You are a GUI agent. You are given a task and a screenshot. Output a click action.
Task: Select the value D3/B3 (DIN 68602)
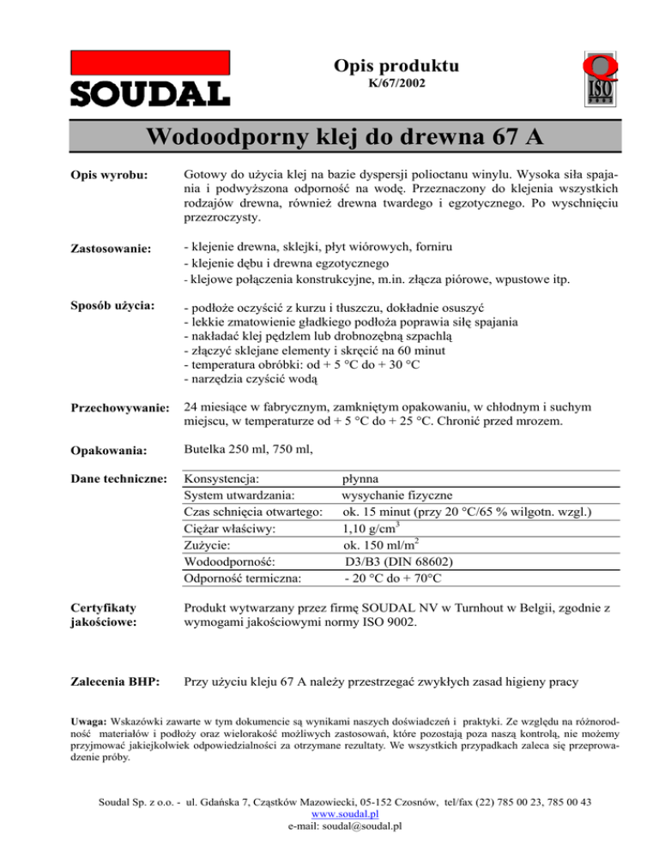(x=399, y=562)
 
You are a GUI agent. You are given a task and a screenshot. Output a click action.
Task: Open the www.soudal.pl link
(x=329, y=815)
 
